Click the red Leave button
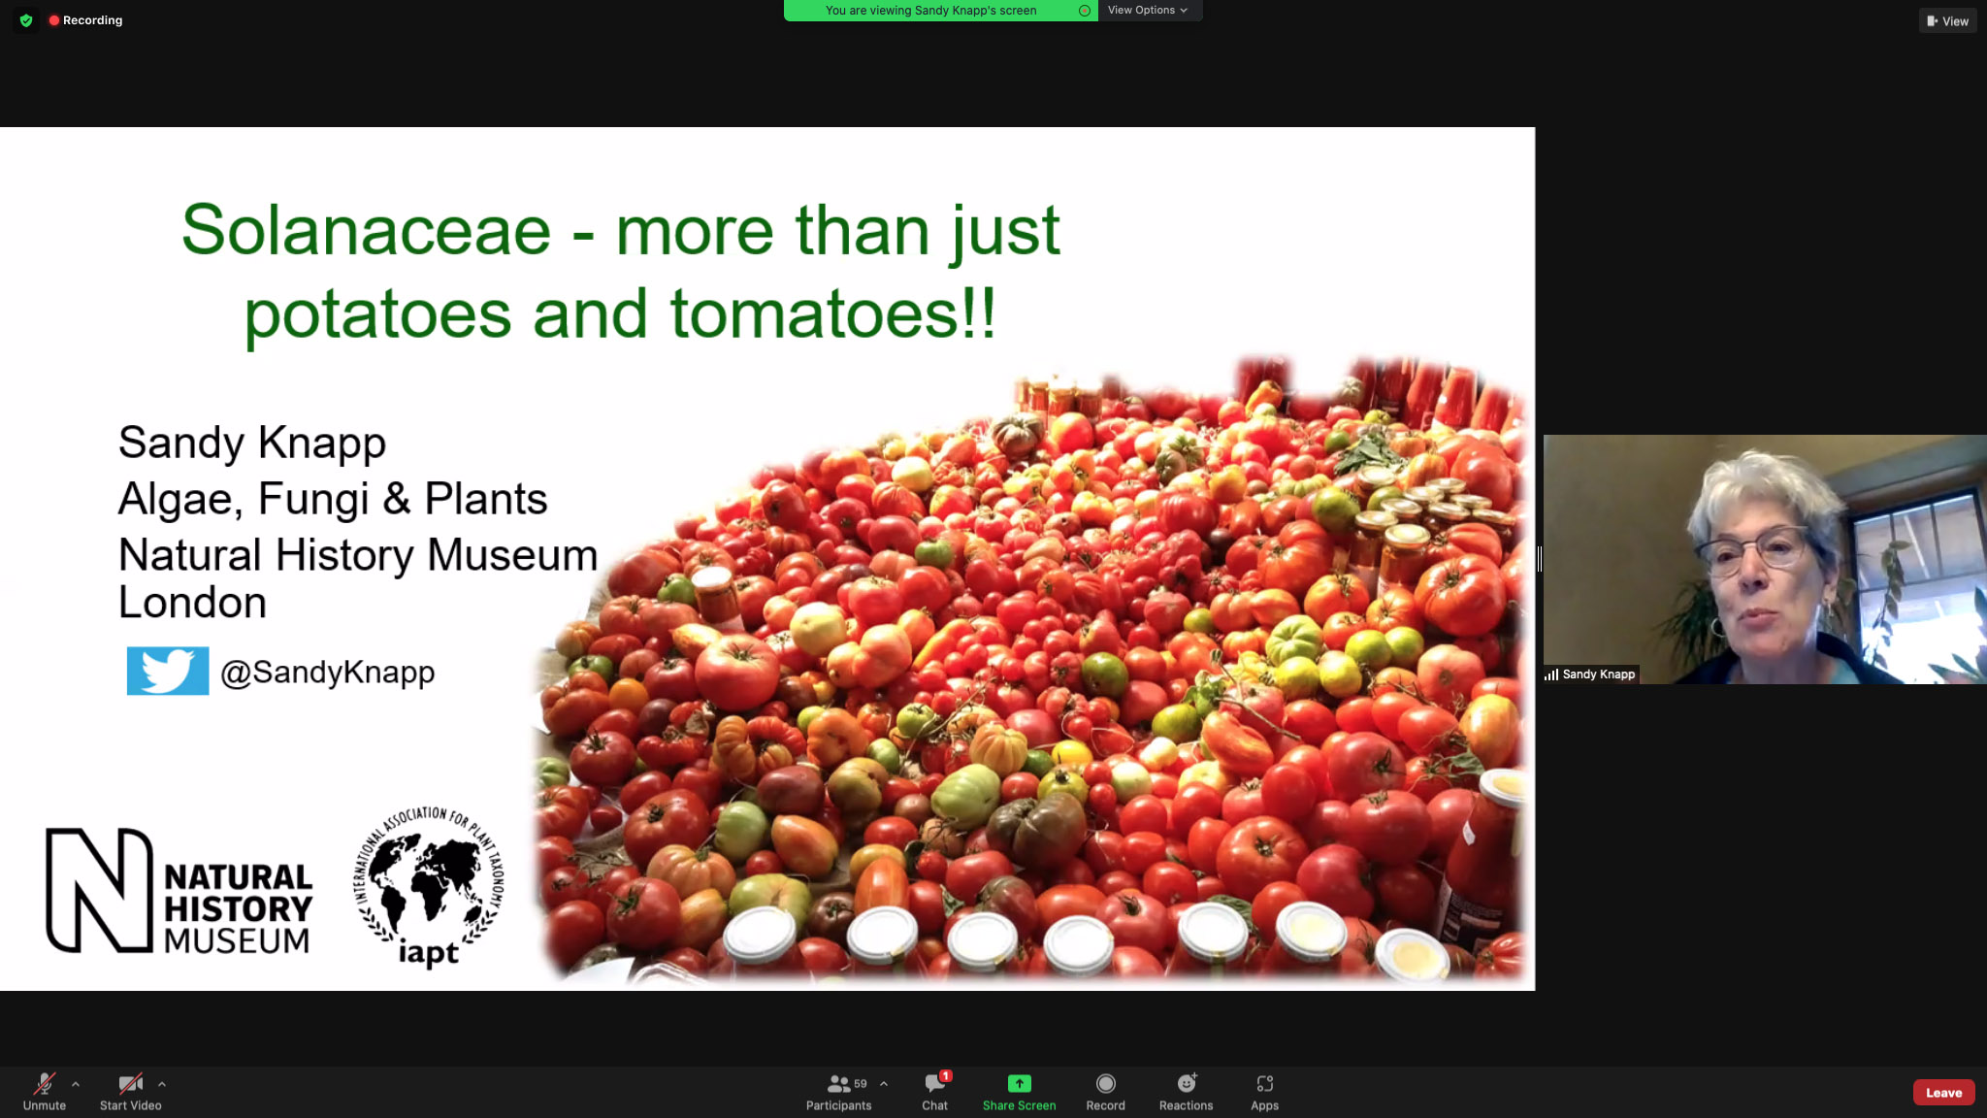click(1943, 1092)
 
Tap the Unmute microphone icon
click(45, 1083)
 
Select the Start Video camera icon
click(130, 1083)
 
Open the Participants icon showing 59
click(839, 1083)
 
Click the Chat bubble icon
click(935, 1083)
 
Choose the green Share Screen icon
click(1019, 1083)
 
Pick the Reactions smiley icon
click(1187, 1083)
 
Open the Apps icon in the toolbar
click(1264, 1083)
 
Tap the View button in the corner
click(1947, 20)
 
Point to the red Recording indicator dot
click(54, 20)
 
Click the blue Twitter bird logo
click(168, 671)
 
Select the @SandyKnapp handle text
click(328, 672)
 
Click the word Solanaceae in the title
click(367, 231)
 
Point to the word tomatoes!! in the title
click(832, 314)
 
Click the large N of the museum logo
click(99, 890)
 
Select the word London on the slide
click(192, 603)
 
